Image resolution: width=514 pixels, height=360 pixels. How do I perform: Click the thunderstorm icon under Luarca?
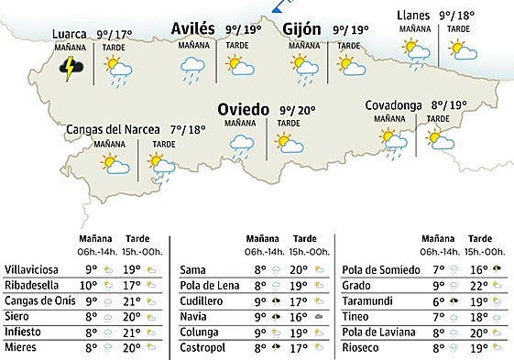pyautogui.click(x=68, y=68)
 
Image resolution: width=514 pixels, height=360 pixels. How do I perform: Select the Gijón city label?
pyautogui.click(x=301, y=29)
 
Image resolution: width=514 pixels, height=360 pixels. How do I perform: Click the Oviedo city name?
pyautogui.click(x=244, y=110)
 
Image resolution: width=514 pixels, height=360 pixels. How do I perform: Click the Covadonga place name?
pyautogui.click(x=393, y=105)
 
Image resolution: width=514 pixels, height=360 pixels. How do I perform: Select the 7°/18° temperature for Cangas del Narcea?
pyautogui.click(x=188, y=129)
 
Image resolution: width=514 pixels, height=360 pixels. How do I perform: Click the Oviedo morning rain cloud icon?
pyautogui.click(x=241, y=144)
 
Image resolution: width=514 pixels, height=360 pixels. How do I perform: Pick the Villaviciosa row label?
pyautogui.click(x=31, y=269)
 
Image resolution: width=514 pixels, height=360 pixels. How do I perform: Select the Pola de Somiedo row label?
pyautogui.click(x=380, y=269)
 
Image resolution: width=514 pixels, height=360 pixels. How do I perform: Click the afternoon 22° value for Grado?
pyautogui.click(x=477, y=285)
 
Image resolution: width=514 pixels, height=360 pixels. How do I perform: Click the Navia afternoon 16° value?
pyautogui.click(x=299, y=316)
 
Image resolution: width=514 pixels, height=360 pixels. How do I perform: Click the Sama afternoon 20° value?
pyautogui.click(x=299, y=269)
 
